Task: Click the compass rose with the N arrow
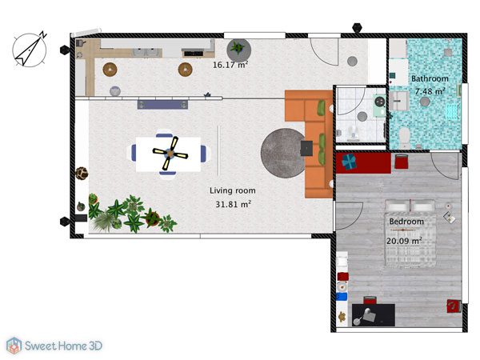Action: pos(30,50)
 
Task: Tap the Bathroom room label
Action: pos(430,78)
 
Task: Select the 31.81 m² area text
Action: pos(234,204)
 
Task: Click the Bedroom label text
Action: pos(406,222)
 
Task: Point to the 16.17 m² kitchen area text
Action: pos(230,65)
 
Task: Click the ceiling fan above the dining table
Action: pos(170,153)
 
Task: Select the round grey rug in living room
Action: pos(283,153)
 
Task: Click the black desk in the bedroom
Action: pos(373,315)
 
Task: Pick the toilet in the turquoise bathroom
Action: pos(405,138)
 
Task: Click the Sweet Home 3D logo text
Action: pos(63,346)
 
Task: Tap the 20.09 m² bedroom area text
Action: pos(404,241)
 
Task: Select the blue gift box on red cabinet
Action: pos(349,162)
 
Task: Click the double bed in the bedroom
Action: pos(410,233)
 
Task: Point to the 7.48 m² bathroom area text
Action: pos(430,91)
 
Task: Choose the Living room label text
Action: pos(232,190)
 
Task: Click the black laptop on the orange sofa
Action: pos(306,148)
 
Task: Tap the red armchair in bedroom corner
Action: pos(454,306)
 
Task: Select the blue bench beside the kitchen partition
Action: pos(162,104)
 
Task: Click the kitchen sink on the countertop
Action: pos(147,52)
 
